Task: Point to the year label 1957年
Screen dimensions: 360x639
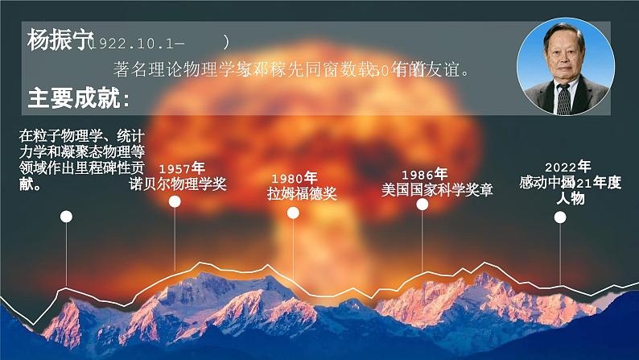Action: [x=181, y=168]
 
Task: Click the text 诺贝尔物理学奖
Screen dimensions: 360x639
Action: [x=178, y=184]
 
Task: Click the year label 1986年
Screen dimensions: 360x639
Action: [x=423, y=174]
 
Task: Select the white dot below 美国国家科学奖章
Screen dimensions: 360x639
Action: [x=423, y=205]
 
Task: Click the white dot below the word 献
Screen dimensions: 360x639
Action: [x=67, y=216]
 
